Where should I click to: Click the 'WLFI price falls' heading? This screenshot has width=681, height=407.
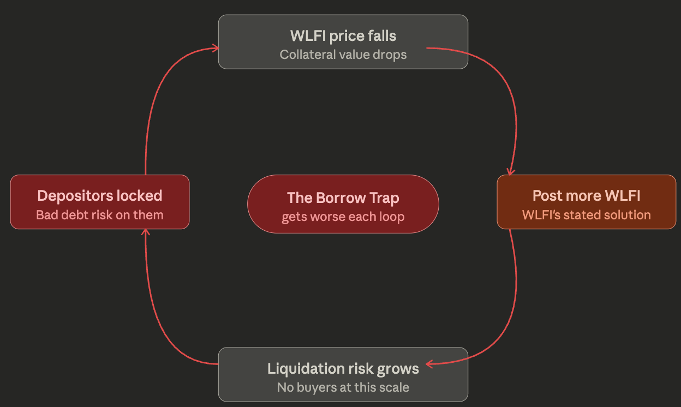point(343,36)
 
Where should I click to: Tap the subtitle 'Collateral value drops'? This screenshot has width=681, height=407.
point(343,55)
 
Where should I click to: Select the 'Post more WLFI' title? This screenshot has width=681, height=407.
point(586,195)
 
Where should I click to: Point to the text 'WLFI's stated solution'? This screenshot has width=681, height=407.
point(586,214)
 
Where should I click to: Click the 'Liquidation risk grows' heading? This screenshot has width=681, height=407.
point(343,369)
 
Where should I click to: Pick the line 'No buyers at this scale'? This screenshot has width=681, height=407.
point(343,387)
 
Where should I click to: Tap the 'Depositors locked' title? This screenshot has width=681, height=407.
point(99,195)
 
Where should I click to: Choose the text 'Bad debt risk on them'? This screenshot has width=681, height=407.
point(99,214)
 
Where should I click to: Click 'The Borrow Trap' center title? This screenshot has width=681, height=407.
point(343,197)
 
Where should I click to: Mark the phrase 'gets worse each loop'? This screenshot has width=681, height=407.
point(343,217)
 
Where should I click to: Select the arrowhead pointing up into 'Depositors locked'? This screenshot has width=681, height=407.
point(145,231)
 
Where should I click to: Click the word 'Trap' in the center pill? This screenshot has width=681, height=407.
point(383,197)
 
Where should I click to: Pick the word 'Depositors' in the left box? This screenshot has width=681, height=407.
point(70,195)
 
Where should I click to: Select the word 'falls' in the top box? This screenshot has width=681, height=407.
point(382,36)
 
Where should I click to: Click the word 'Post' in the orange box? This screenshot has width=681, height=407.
point(547,195)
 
